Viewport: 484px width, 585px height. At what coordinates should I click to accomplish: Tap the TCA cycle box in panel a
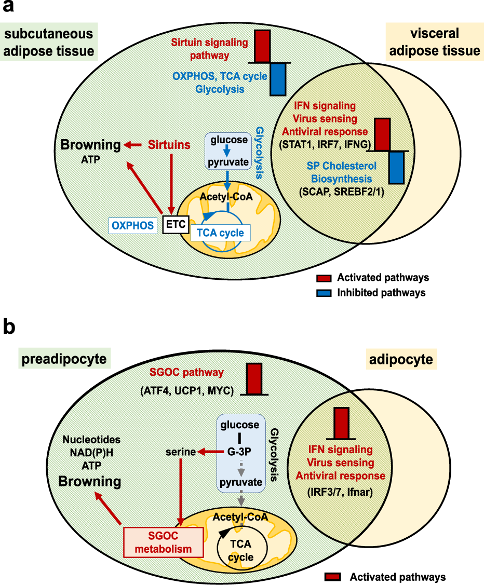point(220,233)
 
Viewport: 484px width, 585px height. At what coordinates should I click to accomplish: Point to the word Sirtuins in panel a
point(169,145)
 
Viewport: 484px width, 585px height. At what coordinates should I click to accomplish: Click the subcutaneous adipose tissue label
point(49,43)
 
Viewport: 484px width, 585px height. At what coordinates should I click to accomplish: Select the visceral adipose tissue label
point(434,42)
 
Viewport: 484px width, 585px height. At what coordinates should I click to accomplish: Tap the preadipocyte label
point(63,359)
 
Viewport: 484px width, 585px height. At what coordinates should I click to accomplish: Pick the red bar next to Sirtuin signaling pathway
point(263,46)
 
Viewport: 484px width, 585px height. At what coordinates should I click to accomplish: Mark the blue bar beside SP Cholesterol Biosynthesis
point(397,167)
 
